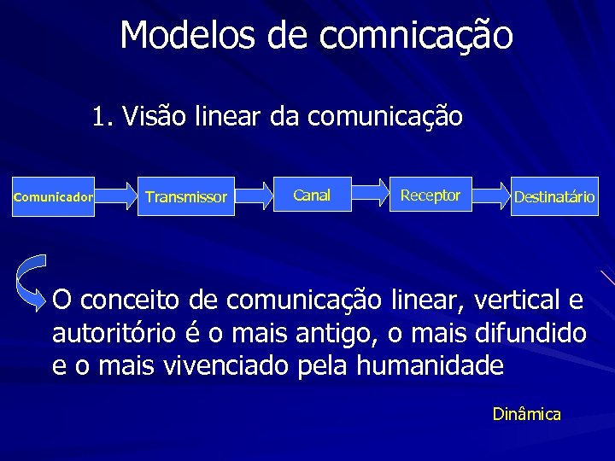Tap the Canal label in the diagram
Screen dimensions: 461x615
(x=311, y=195)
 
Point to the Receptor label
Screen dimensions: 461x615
(x=430, y=195)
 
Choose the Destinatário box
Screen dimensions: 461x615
(x=553, y=197)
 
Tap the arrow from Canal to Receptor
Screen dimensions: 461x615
(x=369, y=195)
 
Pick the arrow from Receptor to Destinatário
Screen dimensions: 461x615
(x=489, y=196)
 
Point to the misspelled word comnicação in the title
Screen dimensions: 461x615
(x=416, y=36)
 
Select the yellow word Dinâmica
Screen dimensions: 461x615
(x=526, y=415)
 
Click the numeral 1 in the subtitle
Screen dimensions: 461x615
(x=100, y=115)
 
